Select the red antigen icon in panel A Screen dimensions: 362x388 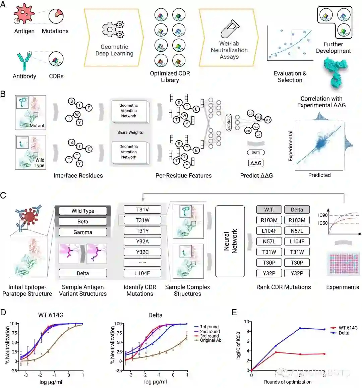(x=24, y=14)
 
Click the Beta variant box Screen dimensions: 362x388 (x=83, y=221)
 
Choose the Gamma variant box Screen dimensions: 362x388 (x=83, y=232)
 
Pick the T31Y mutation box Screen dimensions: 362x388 (x=142, y=231)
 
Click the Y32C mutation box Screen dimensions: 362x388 (x=142, y=252)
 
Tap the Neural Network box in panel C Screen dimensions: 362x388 (x=230, y=241)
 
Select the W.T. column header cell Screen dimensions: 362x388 (x=269, y=210)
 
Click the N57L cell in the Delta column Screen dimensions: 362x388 (x=297, y=231)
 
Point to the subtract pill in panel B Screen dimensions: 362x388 (x=229, y=122)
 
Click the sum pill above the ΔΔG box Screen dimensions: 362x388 (x=256, y=152)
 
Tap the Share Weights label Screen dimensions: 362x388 (x=130, y=132)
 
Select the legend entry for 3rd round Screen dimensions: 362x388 (x=207, y=336)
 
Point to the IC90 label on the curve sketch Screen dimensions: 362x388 (x=322, y=215)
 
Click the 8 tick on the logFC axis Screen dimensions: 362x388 (x=247, y=331)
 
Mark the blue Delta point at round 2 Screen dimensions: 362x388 (x=300, y=328)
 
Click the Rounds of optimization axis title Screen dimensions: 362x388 (x=288, y=382)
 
